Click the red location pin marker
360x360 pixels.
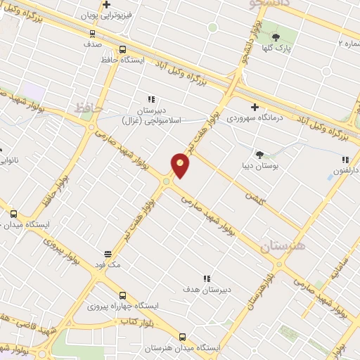click(180, 165)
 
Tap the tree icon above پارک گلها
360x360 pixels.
click(276, 37)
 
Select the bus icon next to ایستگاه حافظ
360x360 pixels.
click(122, 50)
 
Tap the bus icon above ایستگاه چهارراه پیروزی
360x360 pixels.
click(123, 295)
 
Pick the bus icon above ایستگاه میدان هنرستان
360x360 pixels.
click(183, 337)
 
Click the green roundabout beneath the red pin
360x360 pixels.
click(167, 183)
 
